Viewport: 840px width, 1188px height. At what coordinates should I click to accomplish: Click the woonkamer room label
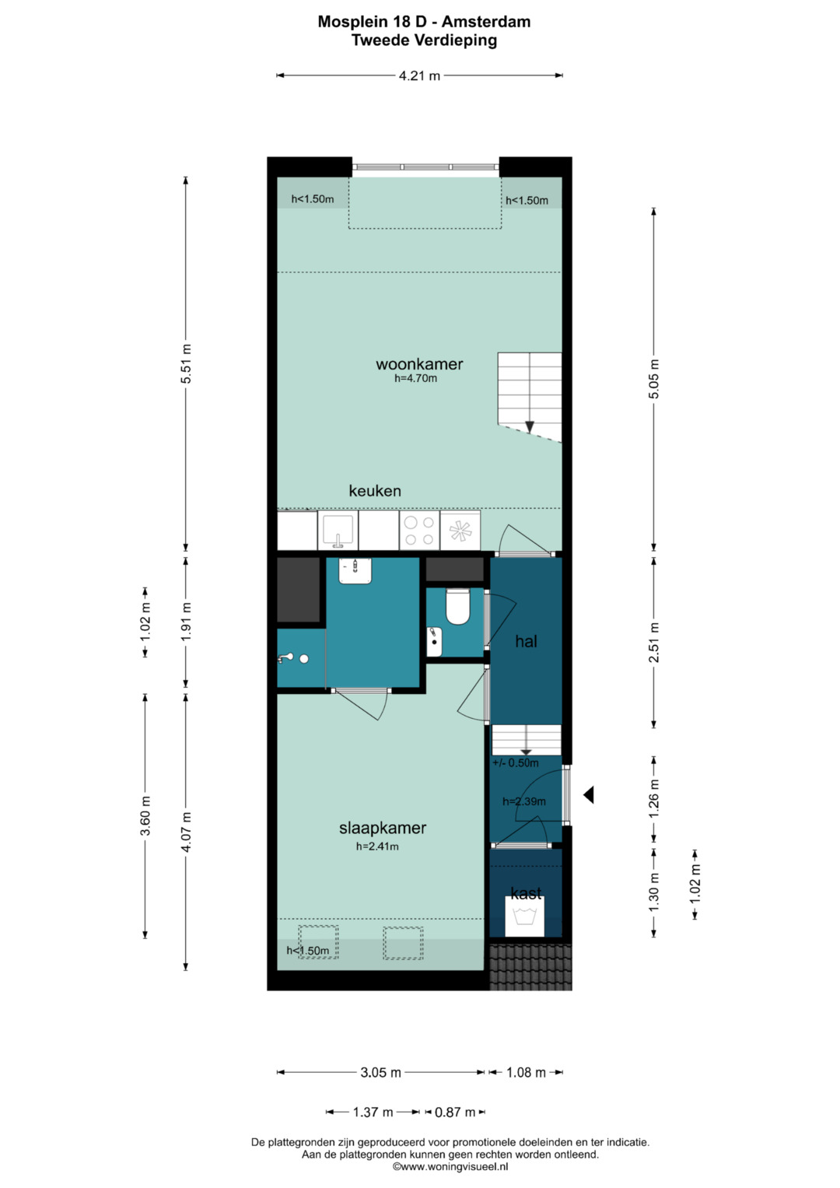click(419, 364)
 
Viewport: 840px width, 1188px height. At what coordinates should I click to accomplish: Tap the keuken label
click(374, 491)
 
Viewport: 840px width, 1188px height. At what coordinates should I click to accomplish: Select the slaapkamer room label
click(383, 828)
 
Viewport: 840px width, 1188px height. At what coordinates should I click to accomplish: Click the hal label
click(526, 641)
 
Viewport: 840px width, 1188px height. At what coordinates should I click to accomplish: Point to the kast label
click(526, 893)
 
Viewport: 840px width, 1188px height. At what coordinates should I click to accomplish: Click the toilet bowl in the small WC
click(457, 607)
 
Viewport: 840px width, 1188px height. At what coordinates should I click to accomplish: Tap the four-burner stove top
click(419, 531)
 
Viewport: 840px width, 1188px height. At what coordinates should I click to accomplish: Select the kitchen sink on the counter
click(338, 531)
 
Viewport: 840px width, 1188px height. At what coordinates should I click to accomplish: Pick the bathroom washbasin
click(355, 571)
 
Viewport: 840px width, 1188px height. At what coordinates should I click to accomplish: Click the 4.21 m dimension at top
click(419, 75)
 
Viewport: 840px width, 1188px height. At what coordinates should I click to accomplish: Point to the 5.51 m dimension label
click(186, 364)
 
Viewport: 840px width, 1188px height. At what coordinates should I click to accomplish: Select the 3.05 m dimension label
click(381, 1072)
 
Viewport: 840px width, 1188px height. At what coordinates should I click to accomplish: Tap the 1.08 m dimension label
click(526, 1072)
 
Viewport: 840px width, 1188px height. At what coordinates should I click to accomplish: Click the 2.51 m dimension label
click(654, 643)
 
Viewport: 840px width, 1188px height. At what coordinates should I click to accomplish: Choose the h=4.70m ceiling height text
click(416, 378)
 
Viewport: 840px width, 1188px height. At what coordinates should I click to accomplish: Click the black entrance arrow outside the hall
click(588, 794)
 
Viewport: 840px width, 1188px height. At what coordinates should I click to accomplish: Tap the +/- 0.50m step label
click(516, 763)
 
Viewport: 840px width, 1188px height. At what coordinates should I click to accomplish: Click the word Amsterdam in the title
click(486, 22)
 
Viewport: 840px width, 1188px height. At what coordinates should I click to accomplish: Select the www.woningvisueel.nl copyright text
click(450, 1167)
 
